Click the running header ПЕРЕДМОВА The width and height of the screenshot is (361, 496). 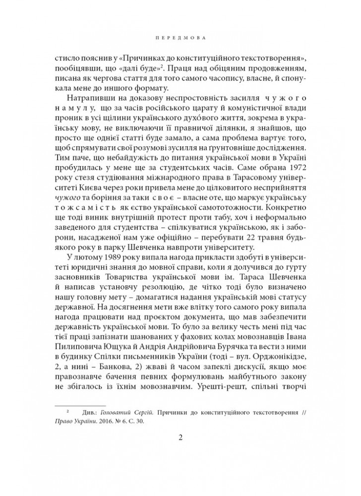coord(180,37)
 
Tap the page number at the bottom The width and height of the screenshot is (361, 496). coord(180,437)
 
